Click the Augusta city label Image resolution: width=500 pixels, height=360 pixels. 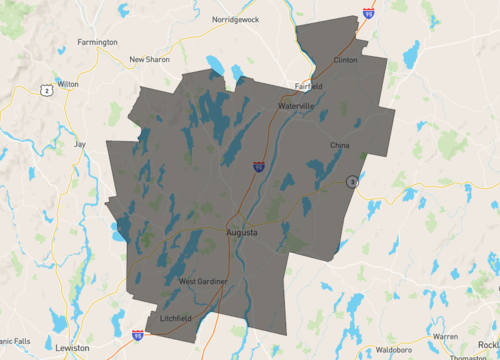(242, 233)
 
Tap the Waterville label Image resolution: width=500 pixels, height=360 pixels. (297, 105)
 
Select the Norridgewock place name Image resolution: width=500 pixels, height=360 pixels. (236, 19)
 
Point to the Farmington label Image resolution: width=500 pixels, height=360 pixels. (98, 42)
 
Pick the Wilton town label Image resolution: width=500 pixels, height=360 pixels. (68, 84)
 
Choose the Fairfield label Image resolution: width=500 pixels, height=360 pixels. (309, 85)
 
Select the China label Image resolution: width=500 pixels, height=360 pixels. (341, 146)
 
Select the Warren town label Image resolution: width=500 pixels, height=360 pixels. (446, 336)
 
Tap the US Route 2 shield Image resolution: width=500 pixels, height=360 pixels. (46, 90)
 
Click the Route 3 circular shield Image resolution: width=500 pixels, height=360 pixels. (352, 181)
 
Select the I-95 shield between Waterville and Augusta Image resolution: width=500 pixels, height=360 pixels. (258, 166)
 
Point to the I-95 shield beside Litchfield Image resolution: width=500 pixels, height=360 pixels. (137, 335)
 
